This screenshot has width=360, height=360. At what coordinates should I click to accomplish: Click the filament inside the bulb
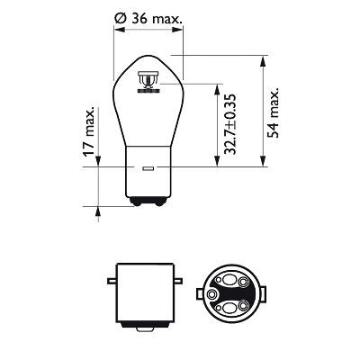148,85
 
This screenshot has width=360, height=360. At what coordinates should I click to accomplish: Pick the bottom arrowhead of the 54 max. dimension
261,166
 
